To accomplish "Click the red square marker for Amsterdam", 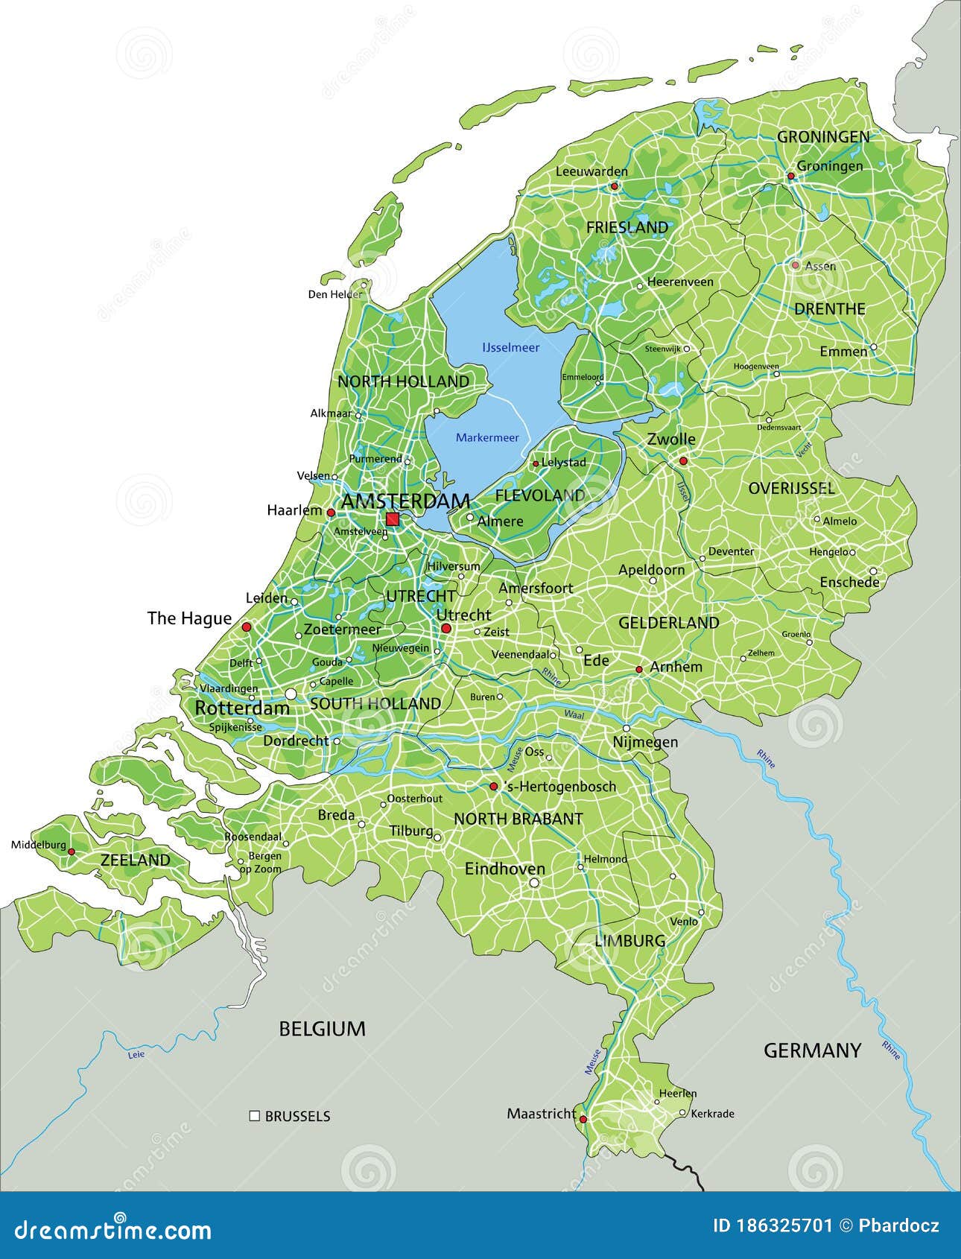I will click(393, 519).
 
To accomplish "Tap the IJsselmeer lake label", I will click(510, 347).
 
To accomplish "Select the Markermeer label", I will click(487, 437).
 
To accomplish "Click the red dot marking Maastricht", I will click(583, 1119).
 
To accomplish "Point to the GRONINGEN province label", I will click(823, 137).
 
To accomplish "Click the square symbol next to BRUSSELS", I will click(255, 1115).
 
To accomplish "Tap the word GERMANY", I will click(812, 1050).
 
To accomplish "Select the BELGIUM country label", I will click(322, 1029).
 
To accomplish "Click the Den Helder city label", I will click(334, 294).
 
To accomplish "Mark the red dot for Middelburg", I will click(72, 852).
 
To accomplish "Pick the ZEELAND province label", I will click(136, 860).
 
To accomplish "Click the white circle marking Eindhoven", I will click(534, 883).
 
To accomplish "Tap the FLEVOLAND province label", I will click(540, 495).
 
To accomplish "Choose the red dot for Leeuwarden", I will click(615, 186).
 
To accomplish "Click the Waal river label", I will click(574, 714).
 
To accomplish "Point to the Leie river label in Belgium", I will click(136, 1054).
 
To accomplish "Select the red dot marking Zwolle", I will click(683, 461).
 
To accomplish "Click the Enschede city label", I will click(849, 583).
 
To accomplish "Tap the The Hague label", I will click(189, 618).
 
